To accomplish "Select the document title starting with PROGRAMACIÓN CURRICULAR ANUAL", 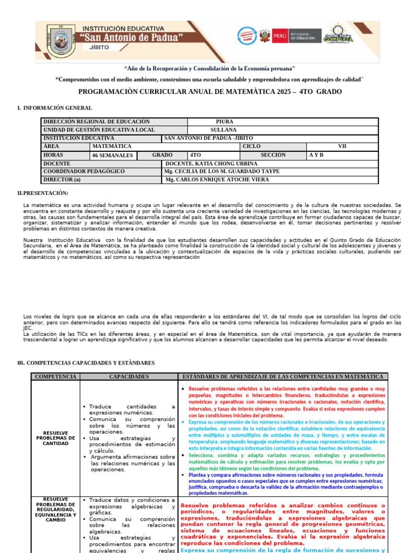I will coord(210,92).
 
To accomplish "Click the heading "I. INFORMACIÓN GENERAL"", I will coord(55,108).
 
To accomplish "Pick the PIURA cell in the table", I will coord(224,122).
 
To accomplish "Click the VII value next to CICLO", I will coord(342,146).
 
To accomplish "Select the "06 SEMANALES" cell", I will coord(112,155).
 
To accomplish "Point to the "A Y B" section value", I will coord(316,155).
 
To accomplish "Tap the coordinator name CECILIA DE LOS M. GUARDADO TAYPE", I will coord(222,171).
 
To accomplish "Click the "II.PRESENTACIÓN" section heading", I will coord(43,193).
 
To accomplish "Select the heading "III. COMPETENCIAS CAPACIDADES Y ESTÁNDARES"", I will coord(86,363).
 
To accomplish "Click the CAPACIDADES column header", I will coord(129,376).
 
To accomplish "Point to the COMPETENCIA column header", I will coord(55,376).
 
